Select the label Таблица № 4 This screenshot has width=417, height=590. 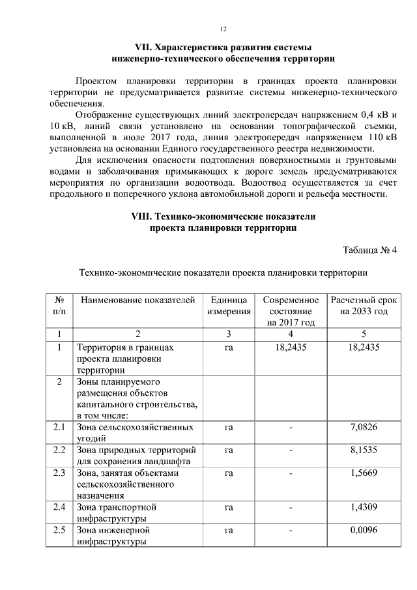pyautogui.click(x=369, y=250)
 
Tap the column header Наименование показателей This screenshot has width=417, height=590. pyautogui.click(x=137, y=301)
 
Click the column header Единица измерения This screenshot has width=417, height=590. pyautogui.click(x=229, y=306)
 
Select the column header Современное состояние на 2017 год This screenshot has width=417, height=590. pyautogui.click(x=291, y=311)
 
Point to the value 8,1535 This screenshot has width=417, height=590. pyautogui.click(x=363, y=450)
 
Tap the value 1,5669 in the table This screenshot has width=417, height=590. pyautogui.click(x=363, y=473)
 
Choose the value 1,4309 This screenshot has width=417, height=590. pyautogui.click(x=363, y=507)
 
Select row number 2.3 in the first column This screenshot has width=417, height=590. pyautogui.click(x=59, y=473)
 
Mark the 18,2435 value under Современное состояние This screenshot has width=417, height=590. pyautogui.click(x=291, y=347)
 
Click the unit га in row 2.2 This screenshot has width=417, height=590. pyautogui.click(x=229, y=450)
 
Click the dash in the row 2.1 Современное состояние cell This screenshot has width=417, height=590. pyautogui.click(x=291, y=428)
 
